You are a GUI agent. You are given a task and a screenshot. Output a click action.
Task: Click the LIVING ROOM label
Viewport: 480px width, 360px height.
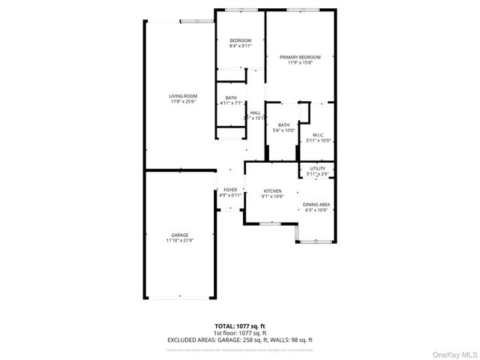click(x=182, y=96)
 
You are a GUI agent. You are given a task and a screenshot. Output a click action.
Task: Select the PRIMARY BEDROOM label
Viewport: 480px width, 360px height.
click(x=300, y=57)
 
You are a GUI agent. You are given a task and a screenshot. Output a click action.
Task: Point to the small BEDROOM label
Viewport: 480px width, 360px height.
click(x=240, y=40)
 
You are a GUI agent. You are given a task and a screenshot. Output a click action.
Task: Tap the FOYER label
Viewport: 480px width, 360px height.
click(x=229, y=190)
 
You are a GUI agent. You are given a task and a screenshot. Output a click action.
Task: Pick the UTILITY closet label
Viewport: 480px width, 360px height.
click(x=318, y=169)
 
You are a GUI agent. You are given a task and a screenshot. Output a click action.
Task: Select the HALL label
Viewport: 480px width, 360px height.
click(x=255, y=112)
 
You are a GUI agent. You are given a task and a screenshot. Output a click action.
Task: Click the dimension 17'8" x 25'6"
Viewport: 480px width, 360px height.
click(x=182, y=102)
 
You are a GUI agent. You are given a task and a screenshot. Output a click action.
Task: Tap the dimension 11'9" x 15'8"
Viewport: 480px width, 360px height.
click(x=300, y=63)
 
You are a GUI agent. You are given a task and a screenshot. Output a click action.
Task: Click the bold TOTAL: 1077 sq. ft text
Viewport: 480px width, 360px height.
click(x=239, y=326)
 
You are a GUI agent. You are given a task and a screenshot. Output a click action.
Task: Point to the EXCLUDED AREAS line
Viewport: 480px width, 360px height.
click(x=239, y=340)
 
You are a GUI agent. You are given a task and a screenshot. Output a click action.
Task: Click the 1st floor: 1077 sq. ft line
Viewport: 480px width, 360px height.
click(x=239, y=333)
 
